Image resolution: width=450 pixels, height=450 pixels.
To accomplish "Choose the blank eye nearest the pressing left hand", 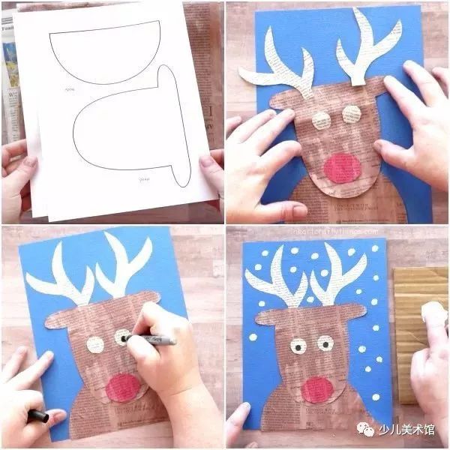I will pyautogui.click(x=320, y=120).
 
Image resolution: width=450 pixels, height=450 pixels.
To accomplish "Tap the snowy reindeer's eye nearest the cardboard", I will pyautogui.click(x=325, y=343).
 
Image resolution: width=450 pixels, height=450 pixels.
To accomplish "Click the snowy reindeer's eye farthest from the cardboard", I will pyautogui.click(x=298, y=346).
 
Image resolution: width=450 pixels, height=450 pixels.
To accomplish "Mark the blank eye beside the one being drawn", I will pyautogui.click(x=95, y=345).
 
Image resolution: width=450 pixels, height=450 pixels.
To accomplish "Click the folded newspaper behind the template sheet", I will pyautogui.click(x=10, y=75).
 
